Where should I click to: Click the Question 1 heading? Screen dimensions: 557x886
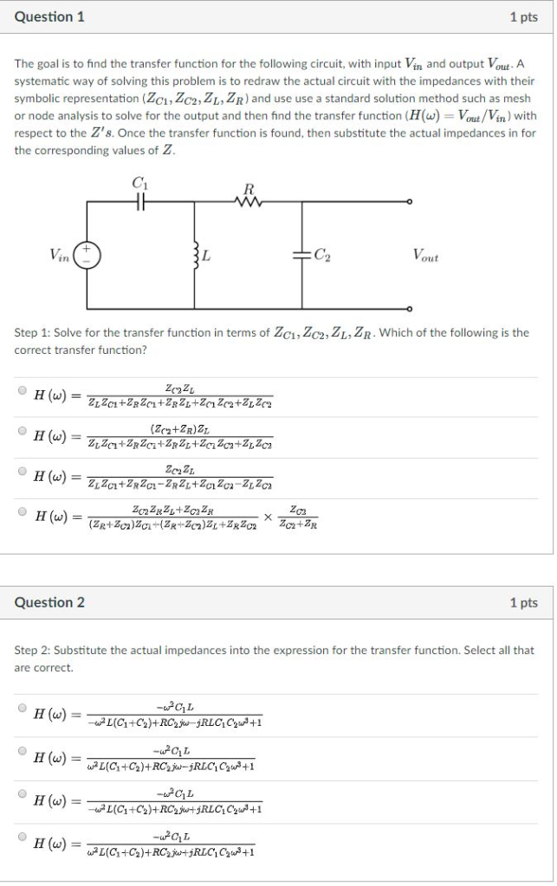click(x=49, y=16)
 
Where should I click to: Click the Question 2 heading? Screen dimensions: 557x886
click(x=49, y=602)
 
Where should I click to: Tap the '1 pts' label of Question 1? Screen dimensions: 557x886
click(x=523, y=16)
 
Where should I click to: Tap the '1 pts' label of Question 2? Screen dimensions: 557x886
click(x=523, y=602)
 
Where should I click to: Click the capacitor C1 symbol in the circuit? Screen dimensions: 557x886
click(x=139, y=200)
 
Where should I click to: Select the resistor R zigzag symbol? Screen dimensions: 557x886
click(x=249, y=200)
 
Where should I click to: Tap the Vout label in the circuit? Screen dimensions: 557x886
click(x=425, y=256)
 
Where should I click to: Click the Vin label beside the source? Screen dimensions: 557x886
click(x=60, y=254)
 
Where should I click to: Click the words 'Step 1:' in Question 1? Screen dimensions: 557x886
click(x=32, y=332)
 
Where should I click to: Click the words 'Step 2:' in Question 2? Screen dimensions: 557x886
click(x=32, y=650)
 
